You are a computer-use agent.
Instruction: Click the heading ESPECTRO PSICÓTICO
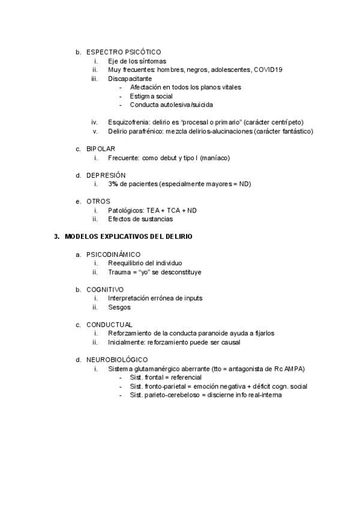[123, 52]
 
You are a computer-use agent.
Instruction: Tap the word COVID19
[268, 70]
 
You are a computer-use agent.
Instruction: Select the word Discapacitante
[130, 79]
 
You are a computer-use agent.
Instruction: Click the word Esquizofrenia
[129, 122]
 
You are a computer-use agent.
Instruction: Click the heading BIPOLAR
[101, 148]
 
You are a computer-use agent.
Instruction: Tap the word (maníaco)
[215, 157]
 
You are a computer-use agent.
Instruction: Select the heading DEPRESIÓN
[106, 175]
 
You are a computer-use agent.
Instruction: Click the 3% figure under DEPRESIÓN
[113, 184]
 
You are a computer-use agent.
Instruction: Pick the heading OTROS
[98, 201]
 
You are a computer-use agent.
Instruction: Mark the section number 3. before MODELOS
[57, 237]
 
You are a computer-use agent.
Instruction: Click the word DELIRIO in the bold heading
[178, 237]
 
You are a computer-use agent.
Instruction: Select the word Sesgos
[119, 307]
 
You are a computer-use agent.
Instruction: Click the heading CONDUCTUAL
[109, 325]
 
